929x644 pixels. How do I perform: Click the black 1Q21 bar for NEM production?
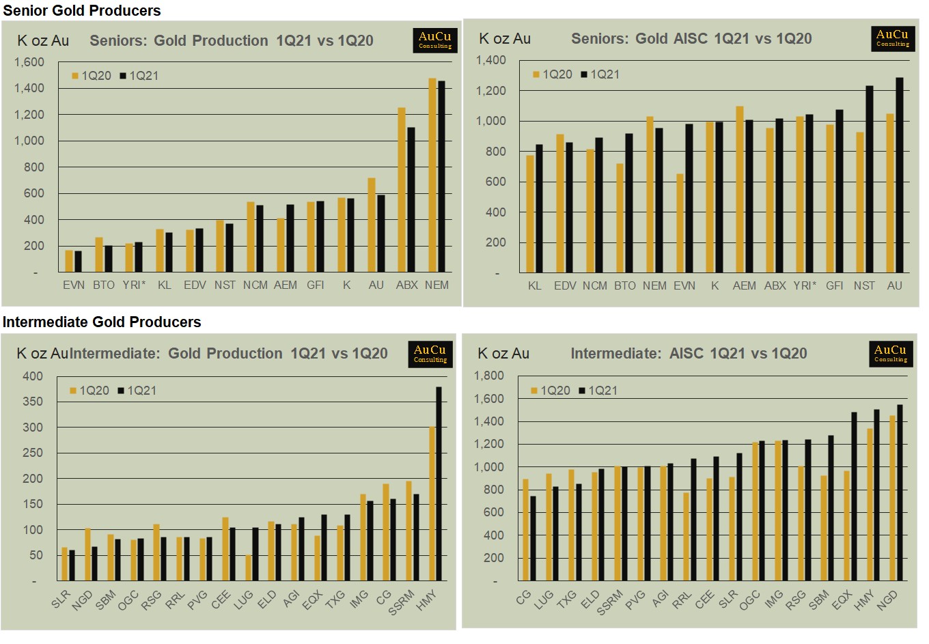point(441,178)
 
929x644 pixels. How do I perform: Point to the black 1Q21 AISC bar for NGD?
point(900,492)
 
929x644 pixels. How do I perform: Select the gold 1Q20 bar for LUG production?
point(248,568)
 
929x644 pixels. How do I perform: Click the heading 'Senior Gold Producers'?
point(82,10)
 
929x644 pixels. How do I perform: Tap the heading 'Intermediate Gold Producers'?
point(102,322)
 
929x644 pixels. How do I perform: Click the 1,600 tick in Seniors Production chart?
point(29,62)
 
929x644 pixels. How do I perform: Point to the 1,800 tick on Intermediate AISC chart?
point(489,376)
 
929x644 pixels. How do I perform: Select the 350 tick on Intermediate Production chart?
point(33,402)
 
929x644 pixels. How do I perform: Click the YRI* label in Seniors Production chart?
point(135,285)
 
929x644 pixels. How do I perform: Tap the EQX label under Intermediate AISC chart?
point(842,599)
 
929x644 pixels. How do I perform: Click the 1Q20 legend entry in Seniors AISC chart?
point(553,74)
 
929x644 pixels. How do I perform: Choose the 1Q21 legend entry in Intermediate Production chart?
point(137,391)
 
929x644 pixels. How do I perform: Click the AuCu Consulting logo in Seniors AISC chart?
point(893,38)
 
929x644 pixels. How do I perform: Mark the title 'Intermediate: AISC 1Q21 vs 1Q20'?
point(689,354)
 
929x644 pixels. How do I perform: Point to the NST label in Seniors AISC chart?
point(864,285)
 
